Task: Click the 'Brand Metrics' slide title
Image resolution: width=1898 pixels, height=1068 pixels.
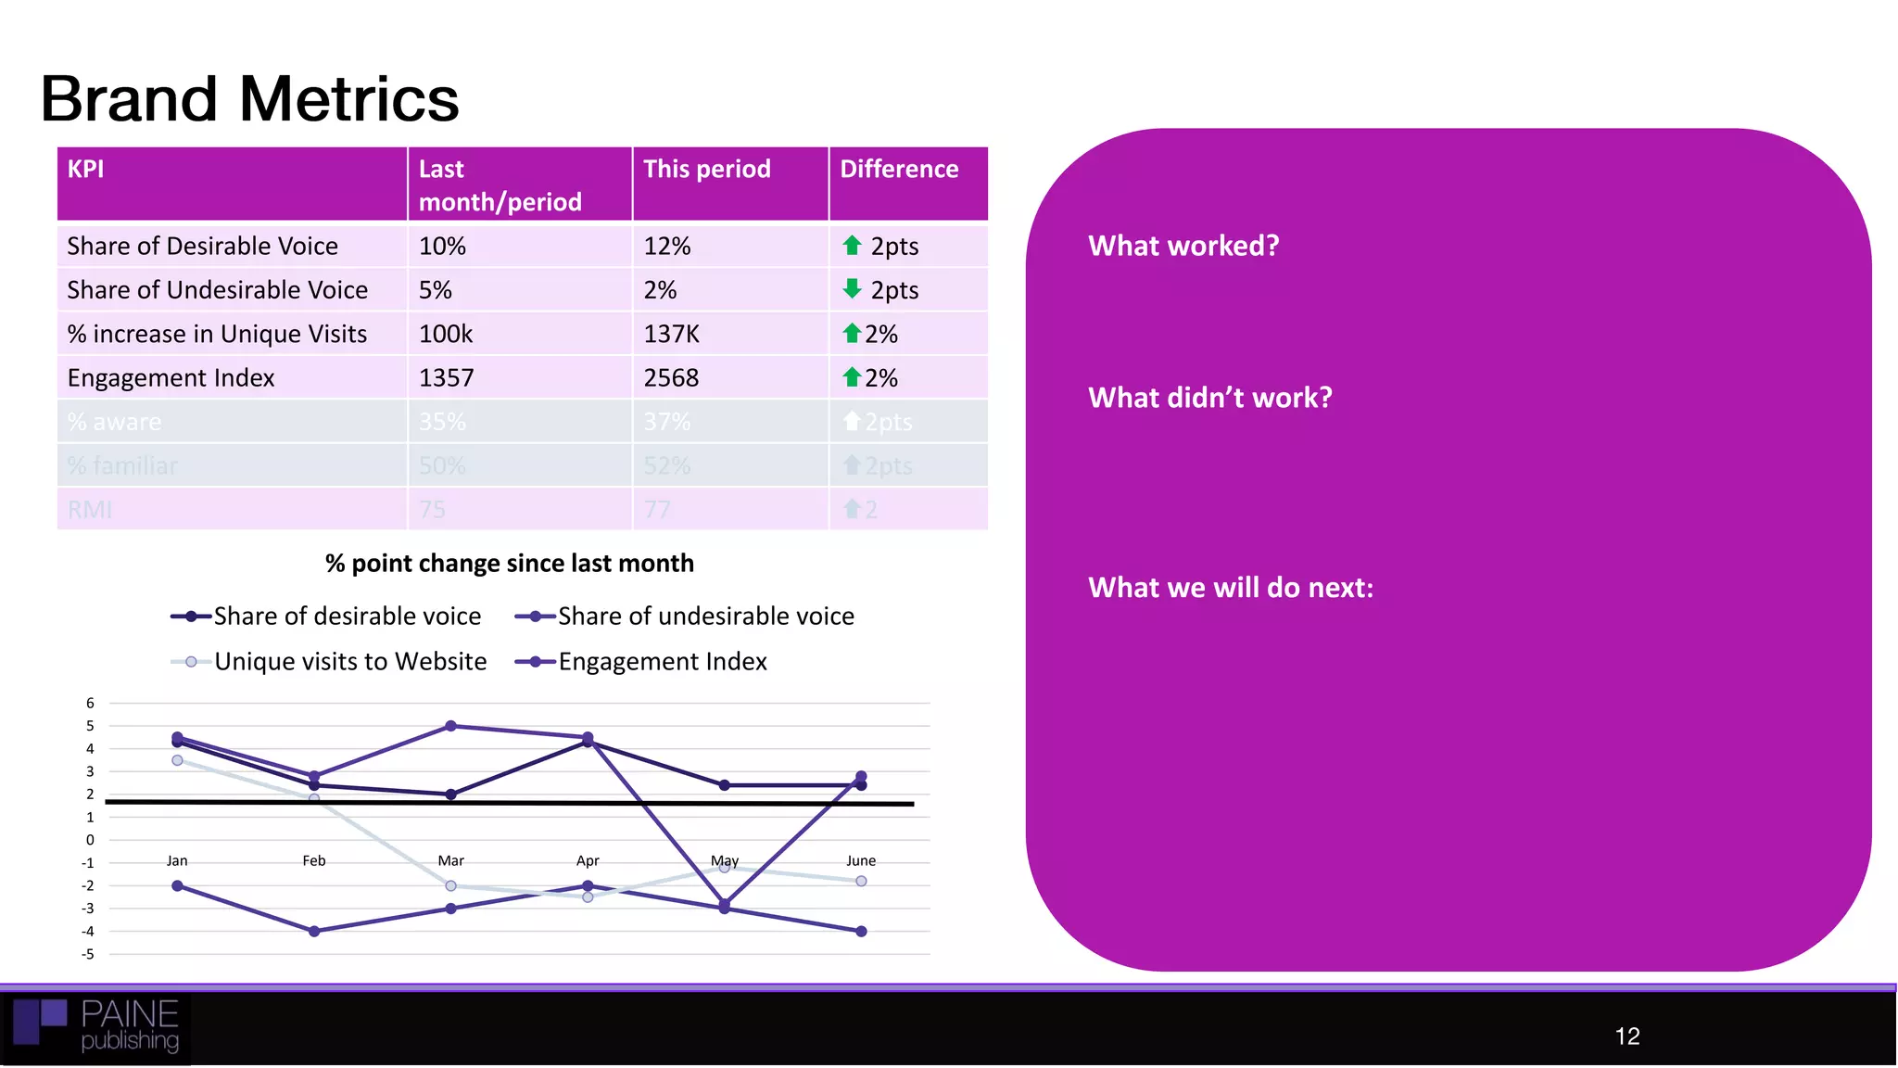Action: point(249,99)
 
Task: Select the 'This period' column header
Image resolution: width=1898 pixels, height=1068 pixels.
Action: point(706,169)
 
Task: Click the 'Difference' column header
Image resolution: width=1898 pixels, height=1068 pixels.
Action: point(898,169)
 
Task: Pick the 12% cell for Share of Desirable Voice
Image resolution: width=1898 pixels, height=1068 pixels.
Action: point(666,247)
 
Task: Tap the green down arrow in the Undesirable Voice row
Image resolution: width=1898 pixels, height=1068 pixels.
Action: point(852,289)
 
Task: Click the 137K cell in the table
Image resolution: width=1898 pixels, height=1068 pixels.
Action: point(671,334)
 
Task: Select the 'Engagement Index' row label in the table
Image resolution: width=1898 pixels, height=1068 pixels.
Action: point(171,378)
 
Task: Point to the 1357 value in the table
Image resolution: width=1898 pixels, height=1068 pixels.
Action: point(446,378)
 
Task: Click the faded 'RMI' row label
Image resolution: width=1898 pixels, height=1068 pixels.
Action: point(90,510)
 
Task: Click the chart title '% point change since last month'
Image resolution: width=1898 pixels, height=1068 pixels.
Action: point(509,564)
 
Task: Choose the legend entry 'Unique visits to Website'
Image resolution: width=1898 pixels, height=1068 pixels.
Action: point(349,662)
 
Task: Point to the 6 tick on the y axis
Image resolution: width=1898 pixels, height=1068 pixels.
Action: point(90,704)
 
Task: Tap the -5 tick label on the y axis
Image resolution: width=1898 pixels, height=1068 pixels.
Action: point(88,954)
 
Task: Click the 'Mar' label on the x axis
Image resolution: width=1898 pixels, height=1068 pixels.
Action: point(450,861)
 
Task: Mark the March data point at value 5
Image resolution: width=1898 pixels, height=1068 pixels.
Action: point(450,726)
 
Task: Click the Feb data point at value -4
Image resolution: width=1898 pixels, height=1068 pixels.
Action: point(314,931)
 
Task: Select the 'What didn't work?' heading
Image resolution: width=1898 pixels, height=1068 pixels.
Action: point(1209,398)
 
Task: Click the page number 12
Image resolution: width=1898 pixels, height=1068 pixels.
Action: point(1626,1036)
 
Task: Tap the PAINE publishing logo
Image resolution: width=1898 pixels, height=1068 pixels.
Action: point(96,1026)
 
